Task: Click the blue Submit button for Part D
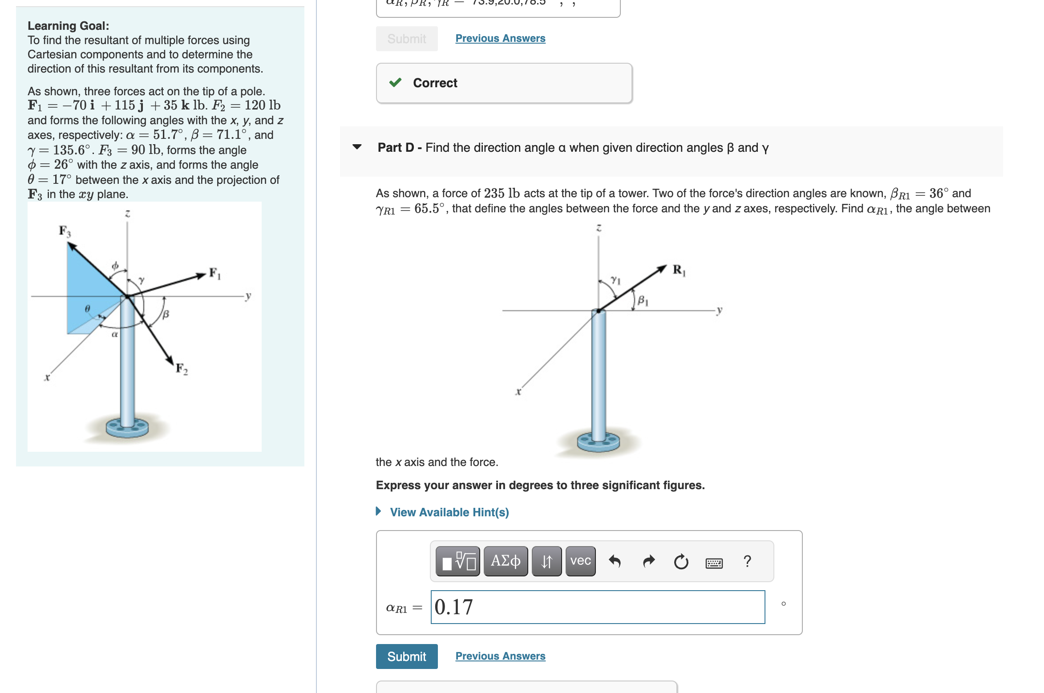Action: [406, 656]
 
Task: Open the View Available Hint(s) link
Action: [449, 512]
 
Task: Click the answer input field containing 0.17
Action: [597, 607]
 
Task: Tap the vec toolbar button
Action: [580, 561]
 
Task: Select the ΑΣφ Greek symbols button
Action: [506, 561]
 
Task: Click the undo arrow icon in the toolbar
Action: [615, 561]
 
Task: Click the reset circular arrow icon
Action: [681, 562]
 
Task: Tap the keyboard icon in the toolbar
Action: [714, 563]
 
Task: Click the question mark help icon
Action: [747, 561]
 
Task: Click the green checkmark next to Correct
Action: [395, 83]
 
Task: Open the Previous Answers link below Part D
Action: [500, 656]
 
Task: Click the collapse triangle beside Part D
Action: [357, 147]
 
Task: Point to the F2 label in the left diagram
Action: [182, 369]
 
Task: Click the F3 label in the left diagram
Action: [65, 231]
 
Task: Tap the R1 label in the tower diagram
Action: [679, 270]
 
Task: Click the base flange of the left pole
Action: [127, 428]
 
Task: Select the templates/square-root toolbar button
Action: [457, 561]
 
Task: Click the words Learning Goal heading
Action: [68, 26]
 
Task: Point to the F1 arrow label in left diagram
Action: [214, 273]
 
